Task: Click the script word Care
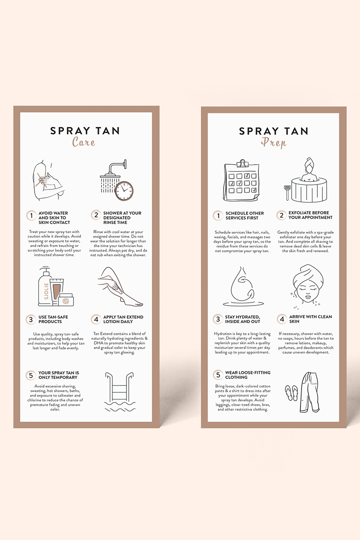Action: tap(83, 141)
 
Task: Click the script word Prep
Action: tap(274, 143)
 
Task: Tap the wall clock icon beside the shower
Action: tap(124, 191)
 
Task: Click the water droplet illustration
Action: tap(243, 286)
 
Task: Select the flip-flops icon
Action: tap(292, 393)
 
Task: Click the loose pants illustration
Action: tap(310, 392)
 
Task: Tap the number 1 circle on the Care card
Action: tap(31, 215)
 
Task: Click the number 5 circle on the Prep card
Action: tap(218, 374)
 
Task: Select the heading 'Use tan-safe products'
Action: tap(53, 319)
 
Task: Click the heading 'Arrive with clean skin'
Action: tap(310, 319)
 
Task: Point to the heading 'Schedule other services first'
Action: tap(244, 216)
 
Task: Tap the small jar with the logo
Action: tap(66, 300)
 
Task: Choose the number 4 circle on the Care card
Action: tap(96, 319)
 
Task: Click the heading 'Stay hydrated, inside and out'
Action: tap(243, 319)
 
